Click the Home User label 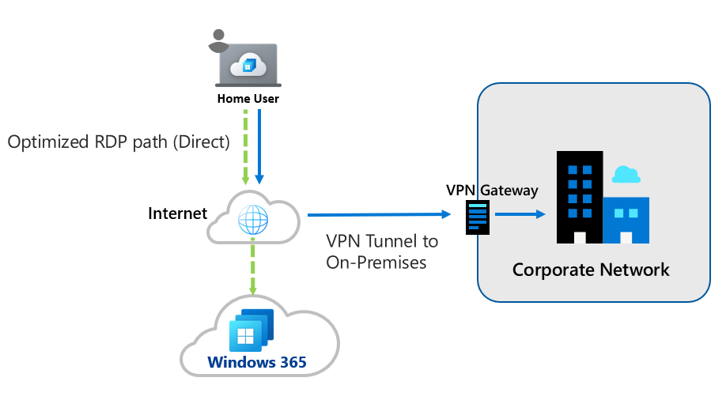click(x=248, y=99)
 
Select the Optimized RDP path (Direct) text click(x=119, y=142)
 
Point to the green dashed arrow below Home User click(x=245, y=146)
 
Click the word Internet click(x=177, y=213)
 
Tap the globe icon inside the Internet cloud click(x=253, y=221)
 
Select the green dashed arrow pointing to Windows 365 click(x=253, y=270)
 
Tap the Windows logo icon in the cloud click(x=246, y=335)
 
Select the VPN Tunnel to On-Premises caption click(x=382, y=251)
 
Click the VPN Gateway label click(x=492, y=190)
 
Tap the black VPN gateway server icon click(x=478, y=217)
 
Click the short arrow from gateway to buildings click(x=520, y=214)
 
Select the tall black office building click(x=579, y=197)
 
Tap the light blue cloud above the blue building click(x=626, y=175)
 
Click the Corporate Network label click(x=590, y=270)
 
